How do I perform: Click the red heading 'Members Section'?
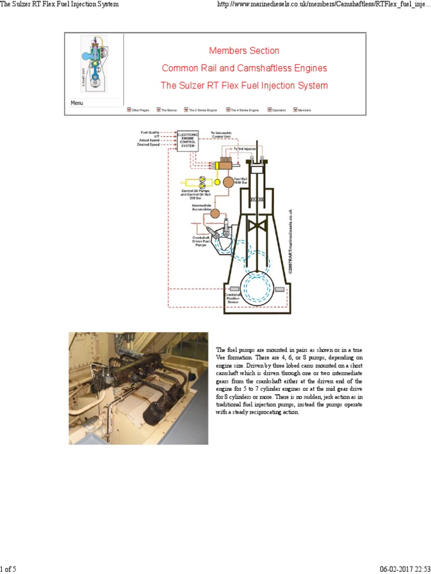(244, 50)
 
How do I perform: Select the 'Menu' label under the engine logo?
(77, 103)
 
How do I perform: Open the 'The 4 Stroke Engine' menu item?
(245, 110)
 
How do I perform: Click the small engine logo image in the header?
(93, 64)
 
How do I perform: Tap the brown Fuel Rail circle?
(228, 182)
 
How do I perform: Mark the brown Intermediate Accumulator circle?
(215, 213)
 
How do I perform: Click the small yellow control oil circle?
(217, 182)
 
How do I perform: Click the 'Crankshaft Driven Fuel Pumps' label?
(200, 241)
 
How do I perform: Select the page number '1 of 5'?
(8, 570)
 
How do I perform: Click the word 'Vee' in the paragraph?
(221, 357)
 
